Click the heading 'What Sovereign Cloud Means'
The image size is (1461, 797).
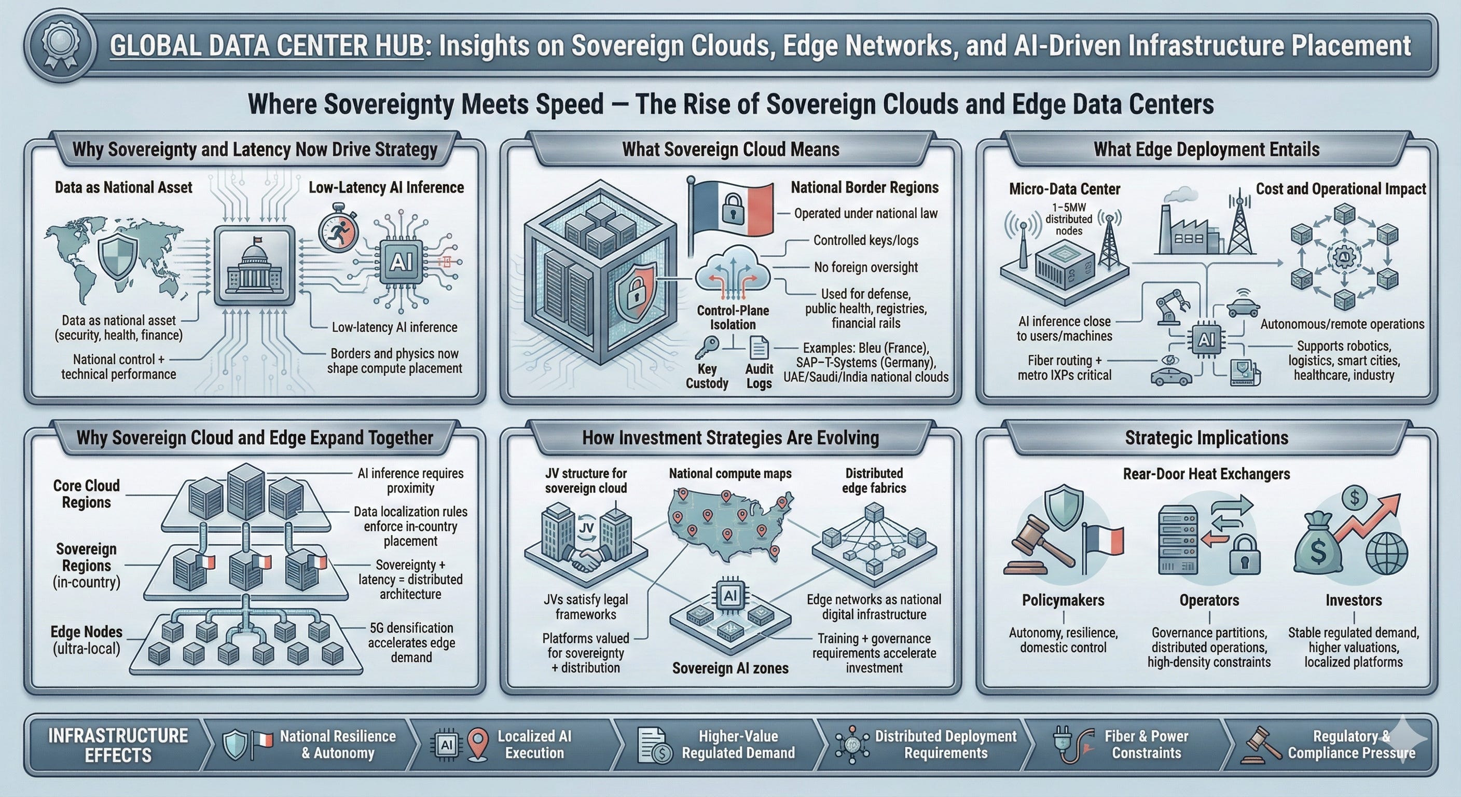tap(730, 149)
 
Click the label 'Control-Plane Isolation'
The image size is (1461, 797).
tap(733, 318)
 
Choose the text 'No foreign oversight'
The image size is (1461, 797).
tap(865, 267)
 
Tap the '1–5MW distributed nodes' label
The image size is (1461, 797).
tap(1069, 219)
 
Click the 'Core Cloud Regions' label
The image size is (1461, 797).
tap(86, 494)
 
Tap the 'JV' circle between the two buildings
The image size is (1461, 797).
tap(587, 528)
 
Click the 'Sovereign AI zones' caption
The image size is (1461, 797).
tap(730, 668)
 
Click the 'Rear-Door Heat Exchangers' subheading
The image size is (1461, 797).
tap(1206, 474)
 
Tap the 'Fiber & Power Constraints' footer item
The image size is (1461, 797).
tap(1146, 744)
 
